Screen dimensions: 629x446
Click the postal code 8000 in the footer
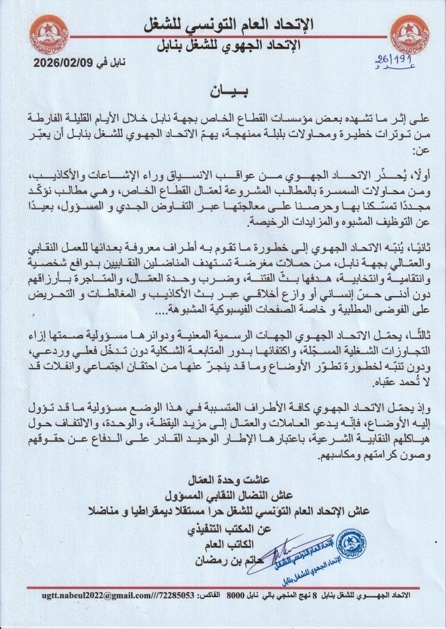(235, 595)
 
